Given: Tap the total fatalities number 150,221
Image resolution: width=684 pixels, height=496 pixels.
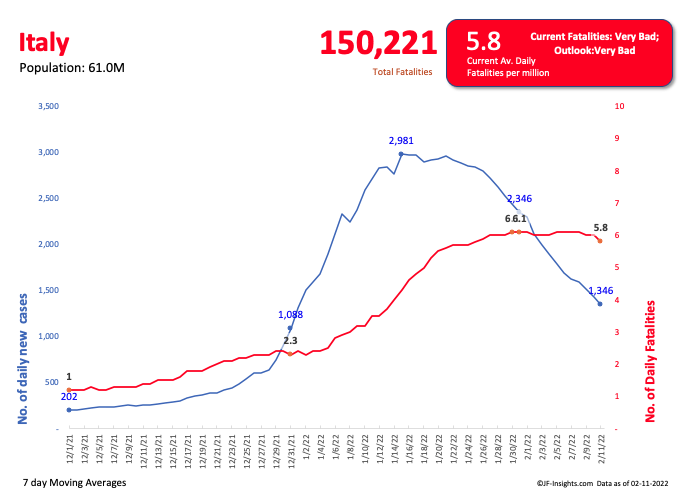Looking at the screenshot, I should coord(378,42).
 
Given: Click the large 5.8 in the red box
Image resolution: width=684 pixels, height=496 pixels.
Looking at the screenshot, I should coord(483,41).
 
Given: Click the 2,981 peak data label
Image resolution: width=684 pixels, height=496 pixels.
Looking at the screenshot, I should coord(401,141).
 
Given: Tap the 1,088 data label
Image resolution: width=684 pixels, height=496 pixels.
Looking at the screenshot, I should coord(290,314).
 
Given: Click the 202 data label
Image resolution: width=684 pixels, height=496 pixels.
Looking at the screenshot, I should coord(69,397).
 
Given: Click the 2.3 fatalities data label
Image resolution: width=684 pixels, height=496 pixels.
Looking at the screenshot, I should coord(290,341).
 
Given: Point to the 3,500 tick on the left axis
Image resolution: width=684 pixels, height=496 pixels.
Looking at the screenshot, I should coord(48,106).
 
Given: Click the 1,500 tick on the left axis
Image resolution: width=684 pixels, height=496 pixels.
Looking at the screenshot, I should coord(48,290).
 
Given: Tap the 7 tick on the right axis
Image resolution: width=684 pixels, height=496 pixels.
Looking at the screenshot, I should coord(619,203).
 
